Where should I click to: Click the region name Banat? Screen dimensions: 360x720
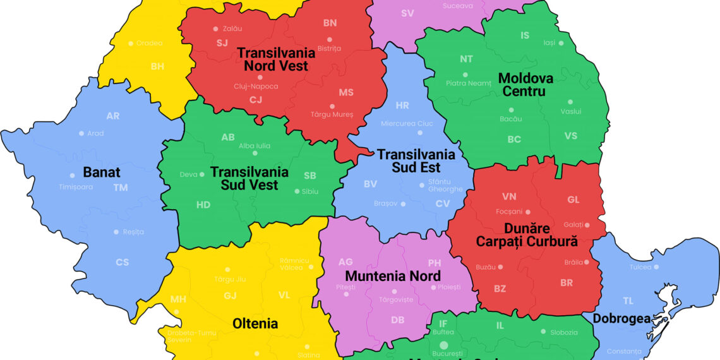[x=101, y=172]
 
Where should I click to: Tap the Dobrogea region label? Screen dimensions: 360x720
[x=621, y=319]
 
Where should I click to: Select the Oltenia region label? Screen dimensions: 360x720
[x=255, y=323]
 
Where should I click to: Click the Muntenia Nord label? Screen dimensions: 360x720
[x=393, y=276]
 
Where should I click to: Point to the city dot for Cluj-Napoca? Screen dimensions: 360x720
[x=260, y=77]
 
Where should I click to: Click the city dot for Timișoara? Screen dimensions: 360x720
[x=73, y=176]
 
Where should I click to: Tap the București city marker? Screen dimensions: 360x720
[x=444, y=345]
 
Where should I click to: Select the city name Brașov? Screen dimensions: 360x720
[x=385, y=203]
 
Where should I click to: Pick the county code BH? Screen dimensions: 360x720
[x=157, y=66]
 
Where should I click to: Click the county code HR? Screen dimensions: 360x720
[x=402, y=105]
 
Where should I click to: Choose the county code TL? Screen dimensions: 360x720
[x=628, y=301]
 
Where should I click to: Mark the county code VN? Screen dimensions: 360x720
[x=509, y=196]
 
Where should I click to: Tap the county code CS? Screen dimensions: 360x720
[x=122, y=262]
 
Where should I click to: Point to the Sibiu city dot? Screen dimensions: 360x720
[x=296, y=191]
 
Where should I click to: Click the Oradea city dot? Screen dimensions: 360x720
[x=131, y=44]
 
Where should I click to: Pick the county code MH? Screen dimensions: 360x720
[x=178, y=299]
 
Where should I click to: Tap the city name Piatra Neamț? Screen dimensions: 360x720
[x=468, y=83]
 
